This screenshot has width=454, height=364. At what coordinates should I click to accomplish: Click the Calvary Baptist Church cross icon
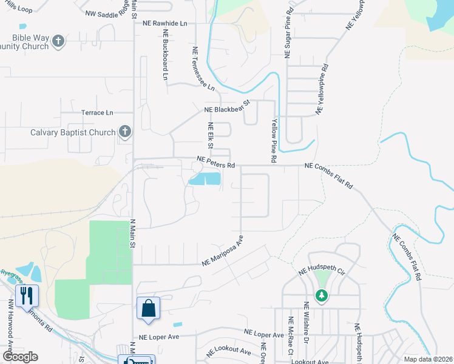[125, 132]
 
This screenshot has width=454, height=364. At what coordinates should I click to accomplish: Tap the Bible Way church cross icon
[58, 41]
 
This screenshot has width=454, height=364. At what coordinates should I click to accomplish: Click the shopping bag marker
[149, 308]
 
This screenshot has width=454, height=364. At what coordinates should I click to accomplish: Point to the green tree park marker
[321, 295]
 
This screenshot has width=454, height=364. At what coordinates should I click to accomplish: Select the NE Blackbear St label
[228, 108]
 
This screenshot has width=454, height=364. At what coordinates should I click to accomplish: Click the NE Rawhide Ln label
[165, 24]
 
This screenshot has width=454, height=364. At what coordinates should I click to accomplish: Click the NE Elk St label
[211, 135]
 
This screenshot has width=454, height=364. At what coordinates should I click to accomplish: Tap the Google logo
[20, 357]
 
